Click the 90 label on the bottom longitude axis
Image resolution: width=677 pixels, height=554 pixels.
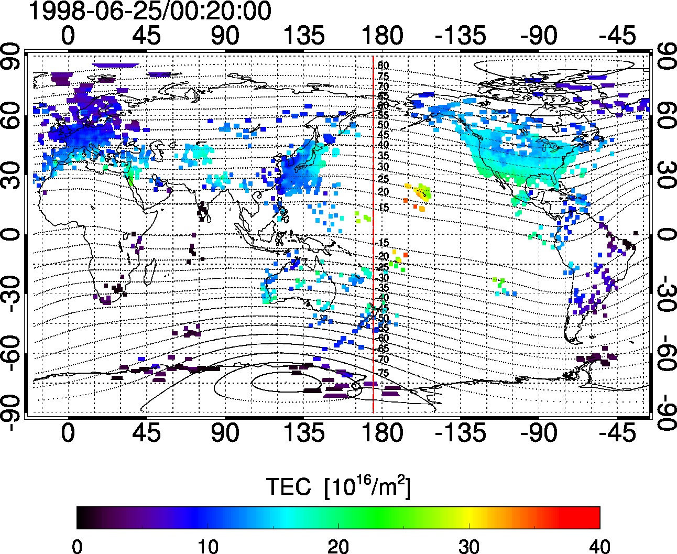point(225,433)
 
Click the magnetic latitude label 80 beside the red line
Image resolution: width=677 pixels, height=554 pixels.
point(383,66)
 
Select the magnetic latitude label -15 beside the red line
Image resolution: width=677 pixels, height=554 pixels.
point(383,243)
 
